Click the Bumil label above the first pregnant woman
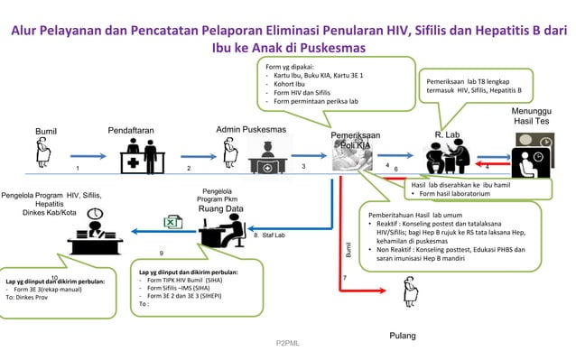[x=46, y=132]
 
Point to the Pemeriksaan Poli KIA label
[x=355, y=140]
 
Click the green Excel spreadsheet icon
[x=169, y=222]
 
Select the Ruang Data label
[x=221, y=209]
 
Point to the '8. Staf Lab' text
[x=269, y=235]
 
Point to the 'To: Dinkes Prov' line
[x=31, y=296]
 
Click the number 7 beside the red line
[x=345, y=278]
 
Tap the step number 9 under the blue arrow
[x=161, y=254]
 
